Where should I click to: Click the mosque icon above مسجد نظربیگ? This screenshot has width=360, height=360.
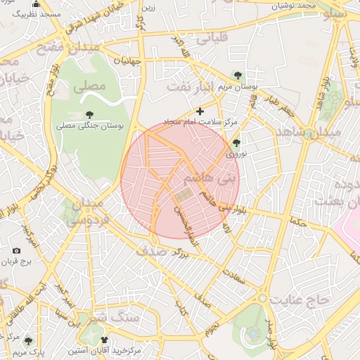pyautogui.click(x=36, y=4)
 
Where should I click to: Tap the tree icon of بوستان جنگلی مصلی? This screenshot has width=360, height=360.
pyautogui.click(x=89, y=114)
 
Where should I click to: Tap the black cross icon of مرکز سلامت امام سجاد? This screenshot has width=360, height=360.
pyautogui.click(x=200, y=110)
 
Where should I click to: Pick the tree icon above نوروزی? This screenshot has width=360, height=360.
pyautogui.click(x=235, y=143)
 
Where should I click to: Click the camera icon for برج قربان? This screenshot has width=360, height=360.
pyautogui.click(x=17, y=250)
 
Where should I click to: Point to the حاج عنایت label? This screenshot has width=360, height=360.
pyautogui.click(x=302, y=300)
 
